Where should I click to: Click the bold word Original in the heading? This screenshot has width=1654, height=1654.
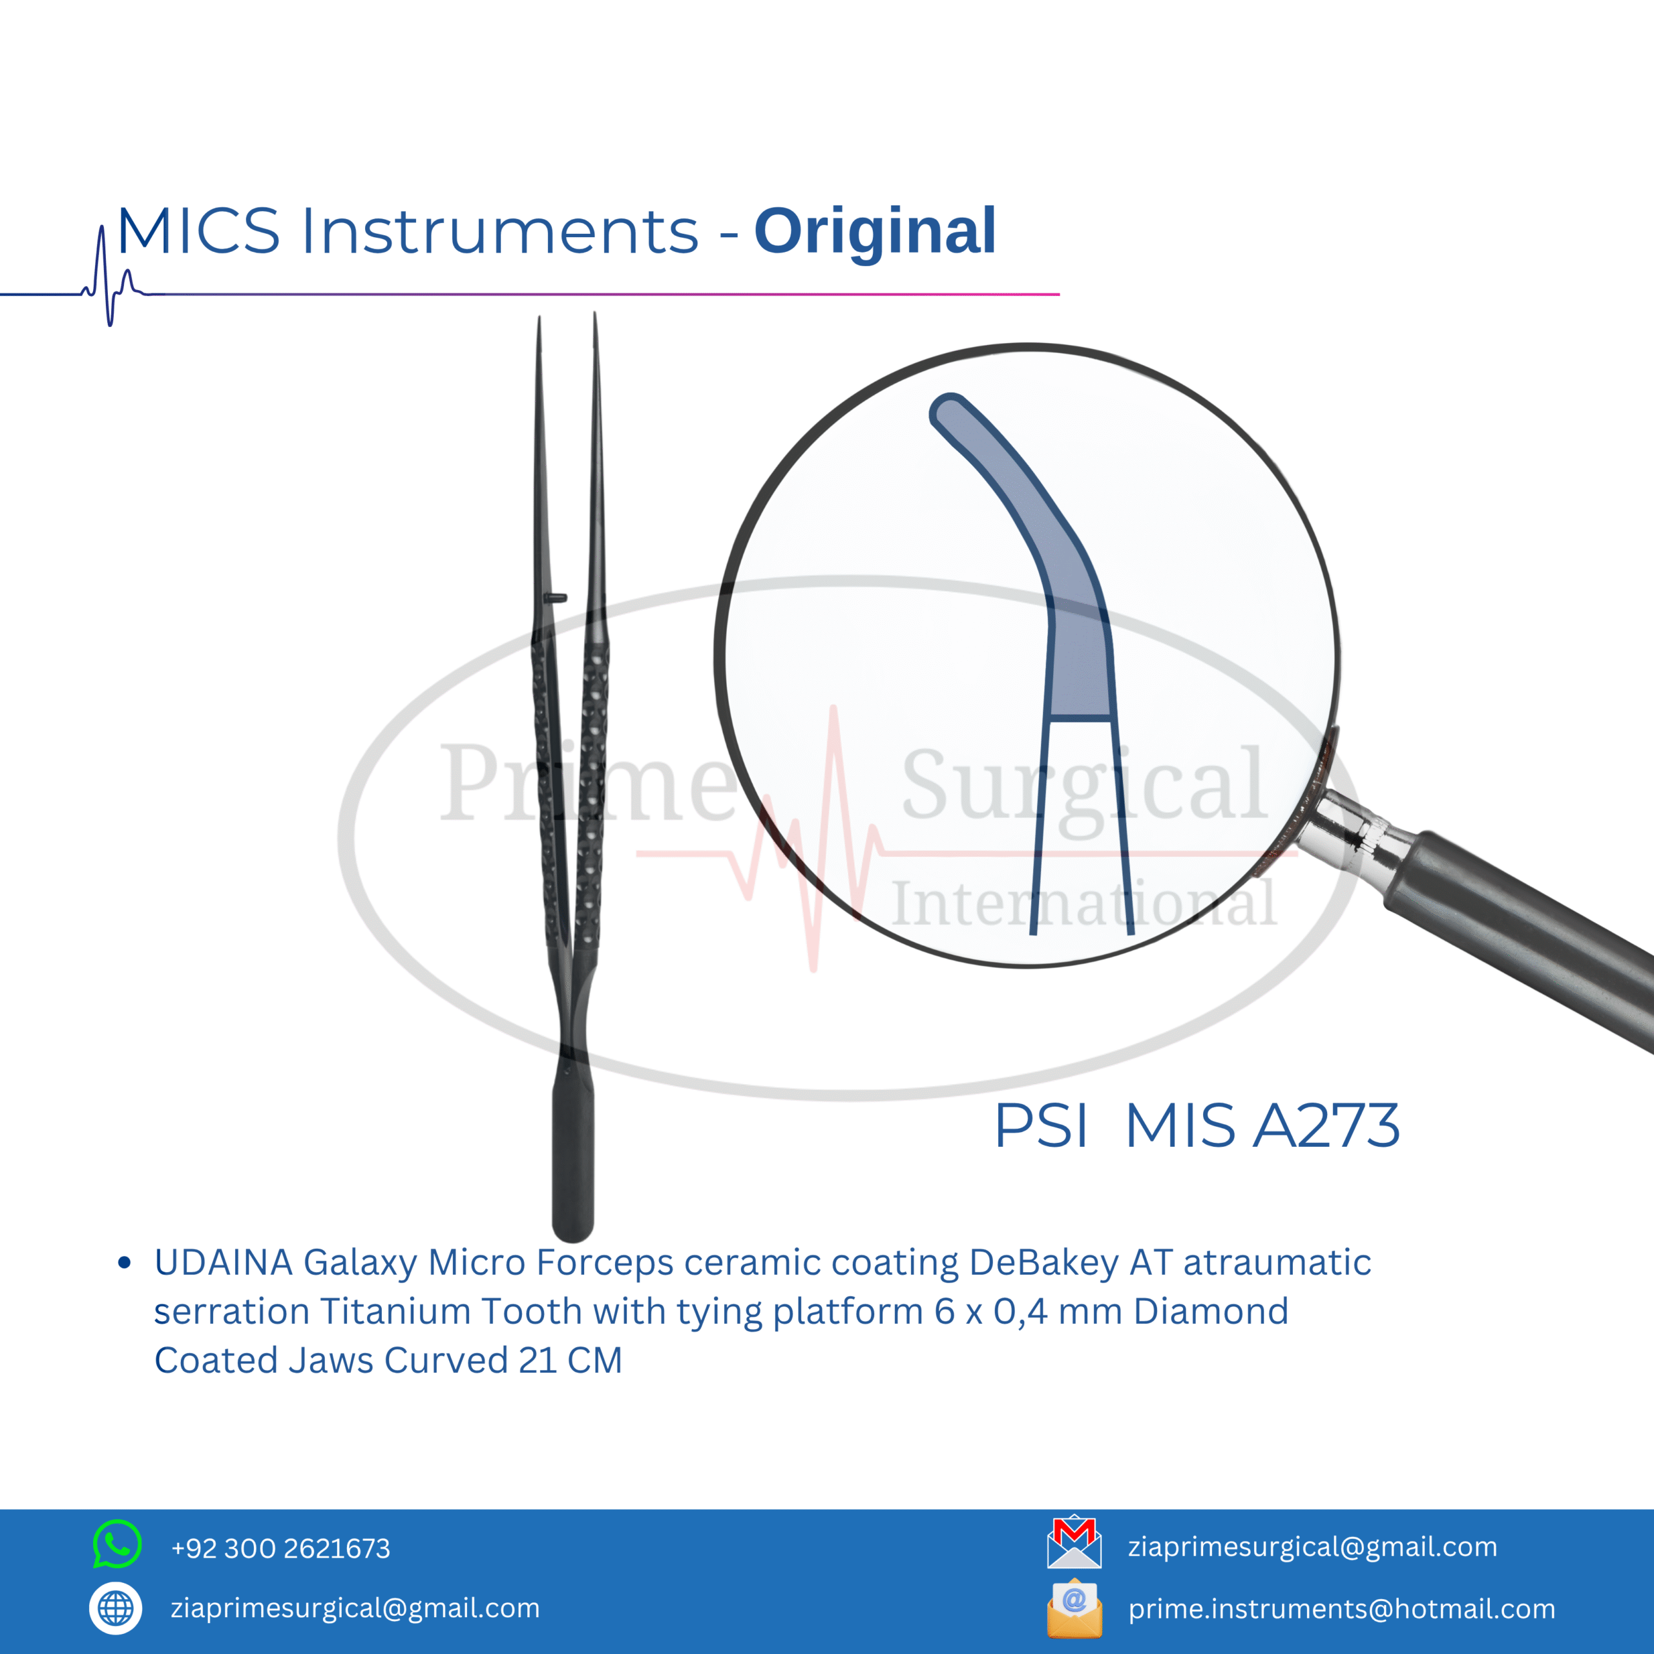tap(875, 233)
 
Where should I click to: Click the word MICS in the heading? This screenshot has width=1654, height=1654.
tap(198, 231)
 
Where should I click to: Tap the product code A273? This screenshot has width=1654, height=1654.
tap(1326, 1125)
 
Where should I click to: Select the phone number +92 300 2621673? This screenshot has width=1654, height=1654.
tap(281, 1548)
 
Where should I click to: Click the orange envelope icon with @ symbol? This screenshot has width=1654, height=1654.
tap(1074, 1607)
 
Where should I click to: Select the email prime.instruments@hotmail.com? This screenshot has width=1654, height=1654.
tap(1341, 1609)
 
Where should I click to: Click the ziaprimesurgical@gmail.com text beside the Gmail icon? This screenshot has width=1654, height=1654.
tap(1312, 1547)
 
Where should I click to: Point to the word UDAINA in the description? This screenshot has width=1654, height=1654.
tap(224, 1262)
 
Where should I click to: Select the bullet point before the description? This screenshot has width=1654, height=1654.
tap(124, 1262)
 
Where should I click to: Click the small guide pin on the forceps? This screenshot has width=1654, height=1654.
tap(556, 598)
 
